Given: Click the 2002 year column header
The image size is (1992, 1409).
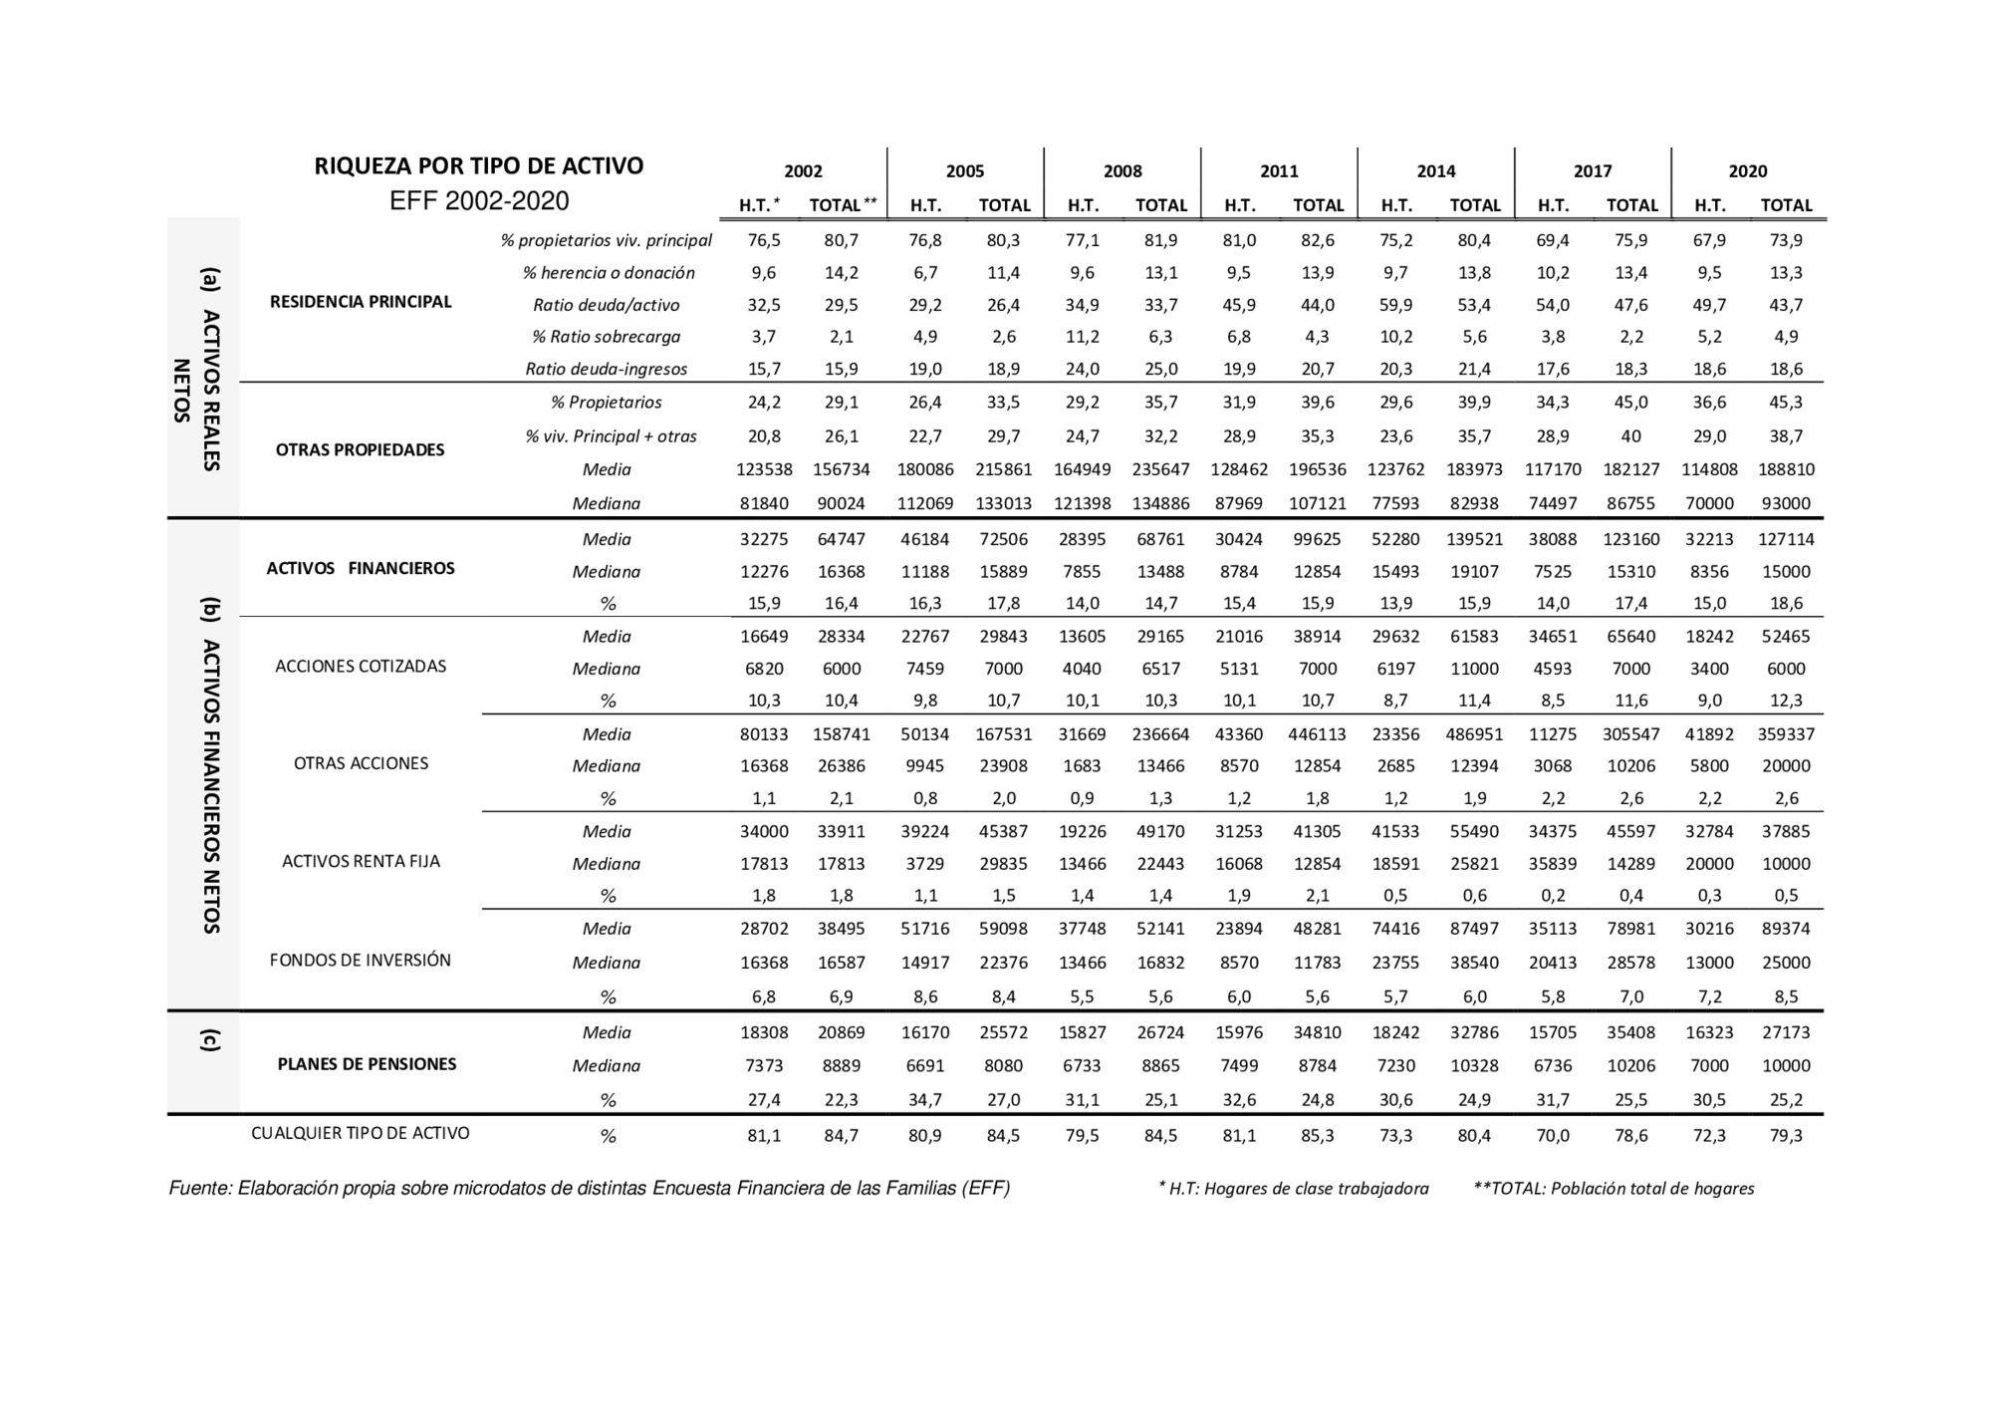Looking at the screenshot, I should coord(803,170).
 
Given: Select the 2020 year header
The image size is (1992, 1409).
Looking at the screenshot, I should coord(1747,170).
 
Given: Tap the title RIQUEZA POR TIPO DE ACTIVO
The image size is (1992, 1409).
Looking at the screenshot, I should coord(479,165).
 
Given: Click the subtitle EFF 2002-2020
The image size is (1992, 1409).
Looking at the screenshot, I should coord(479,201).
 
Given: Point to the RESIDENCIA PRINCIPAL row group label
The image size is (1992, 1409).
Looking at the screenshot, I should coord(361,302).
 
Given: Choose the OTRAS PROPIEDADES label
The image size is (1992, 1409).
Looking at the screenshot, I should coord(361,450).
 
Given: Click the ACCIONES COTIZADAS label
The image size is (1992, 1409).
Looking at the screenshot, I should coord(361,667).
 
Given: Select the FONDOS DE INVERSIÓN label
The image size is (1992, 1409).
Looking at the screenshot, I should coord(361,961).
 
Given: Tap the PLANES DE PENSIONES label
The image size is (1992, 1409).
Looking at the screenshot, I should coord(367,1064).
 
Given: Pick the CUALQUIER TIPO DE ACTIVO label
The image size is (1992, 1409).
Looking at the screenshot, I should coord(361,1133).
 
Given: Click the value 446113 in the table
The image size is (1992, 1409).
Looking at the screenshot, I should coord(1318,734).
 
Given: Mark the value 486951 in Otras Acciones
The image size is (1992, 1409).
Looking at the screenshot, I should coord(1474,734).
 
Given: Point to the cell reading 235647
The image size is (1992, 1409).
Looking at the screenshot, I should coord(1160,469).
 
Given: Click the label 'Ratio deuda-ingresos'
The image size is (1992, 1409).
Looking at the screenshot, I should coord(607,369).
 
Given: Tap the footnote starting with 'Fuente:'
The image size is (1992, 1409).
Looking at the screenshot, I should coord(590,1188).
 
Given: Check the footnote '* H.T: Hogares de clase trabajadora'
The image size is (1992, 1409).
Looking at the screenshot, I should coord(1293,1188).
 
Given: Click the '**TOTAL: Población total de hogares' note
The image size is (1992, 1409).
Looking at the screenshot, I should coord(1614,1188).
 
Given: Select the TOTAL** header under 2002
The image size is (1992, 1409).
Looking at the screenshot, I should coord(843,205).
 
